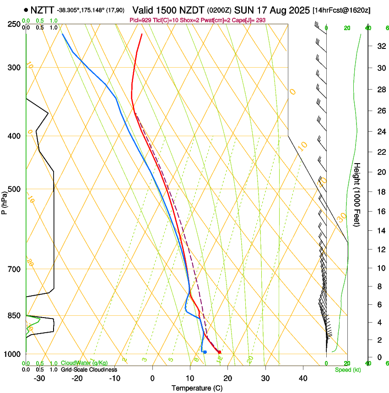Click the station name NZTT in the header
tap(43, 9)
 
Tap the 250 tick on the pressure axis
tap(14, 24)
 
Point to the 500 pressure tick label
tap(14, 189)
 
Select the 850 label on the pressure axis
tap(14, 315)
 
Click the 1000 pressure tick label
tap(12, 354)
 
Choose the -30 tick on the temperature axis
tap(39, 378)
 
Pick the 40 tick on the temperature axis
tap(303, 378)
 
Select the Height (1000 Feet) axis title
tap(357, 195)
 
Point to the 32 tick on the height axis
tap(380, 46)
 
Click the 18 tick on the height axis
tap(380, 192)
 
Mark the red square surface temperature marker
tap(220, 352)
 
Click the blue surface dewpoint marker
tap(205, 352)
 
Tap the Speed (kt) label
tap(347, 370)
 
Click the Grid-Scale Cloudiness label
tap(89, 370)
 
